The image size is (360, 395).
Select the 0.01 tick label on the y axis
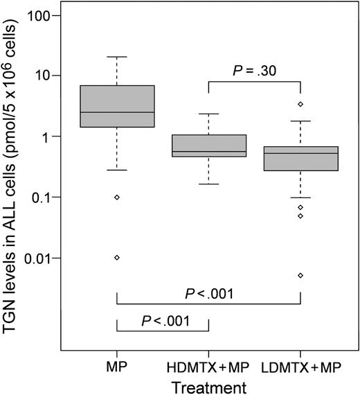click(39, 258)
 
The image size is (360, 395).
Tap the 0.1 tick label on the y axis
click(42, 197)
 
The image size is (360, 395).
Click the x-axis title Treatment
click(208, 383)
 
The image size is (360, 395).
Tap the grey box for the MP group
click(117, 105)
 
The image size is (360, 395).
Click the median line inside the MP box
click(117, 112)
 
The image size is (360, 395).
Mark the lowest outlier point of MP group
click(117, 258)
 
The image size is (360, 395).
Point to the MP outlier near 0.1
click(117, 197)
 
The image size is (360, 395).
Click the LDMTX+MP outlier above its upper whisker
click(300, 104)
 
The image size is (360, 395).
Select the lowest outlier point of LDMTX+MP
click(300, 275)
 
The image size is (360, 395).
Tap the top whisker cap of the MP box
click(117, 57)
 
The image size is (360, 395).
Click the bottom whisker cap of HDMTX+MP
click(208, 184)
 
